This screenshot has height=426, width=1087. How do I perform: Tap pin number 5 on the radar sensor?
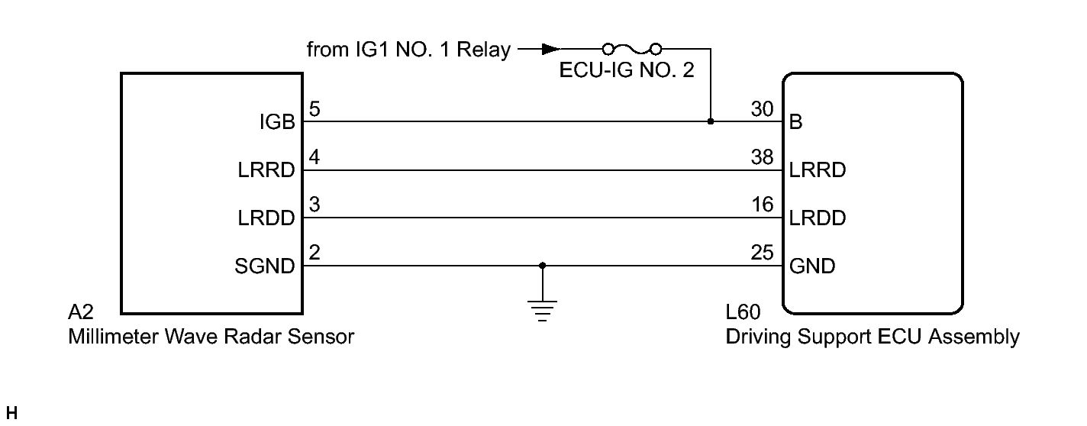314,110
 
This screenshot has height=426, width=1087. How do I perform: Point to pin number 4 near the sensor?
314,158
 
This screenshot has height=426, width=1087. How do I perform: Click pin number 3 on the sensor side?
314,206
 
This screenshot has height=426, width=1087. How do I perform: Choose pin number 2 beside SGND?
314,254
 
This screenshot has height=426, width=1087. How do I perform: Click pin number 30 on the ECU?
763,110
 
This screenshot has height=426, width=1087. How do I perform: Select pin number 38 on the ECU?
763,158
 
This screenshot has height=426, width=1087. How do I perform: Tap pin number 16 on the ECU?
763,206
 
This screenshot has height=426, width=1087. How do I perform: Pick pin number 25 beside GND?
763,254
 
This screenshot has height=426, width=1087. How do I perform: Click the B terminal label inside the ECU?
796,122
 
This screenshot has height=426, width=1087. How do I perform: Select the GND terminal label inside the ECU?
812,266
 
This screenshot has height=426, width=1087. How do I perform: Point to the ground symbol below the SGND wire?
542,310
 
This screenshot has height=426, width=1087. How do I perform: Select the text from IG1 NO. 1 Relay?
408,50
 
